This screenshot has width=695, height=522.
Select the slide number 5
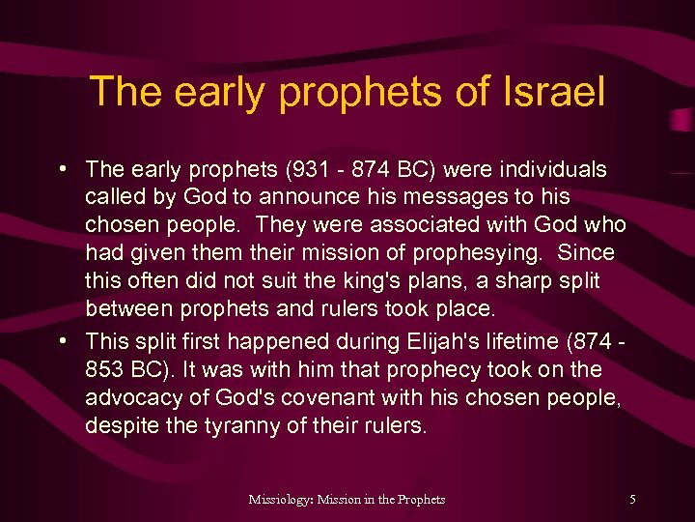[632, 500]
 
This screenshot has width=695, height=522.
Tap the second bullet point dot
[62, 340]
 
